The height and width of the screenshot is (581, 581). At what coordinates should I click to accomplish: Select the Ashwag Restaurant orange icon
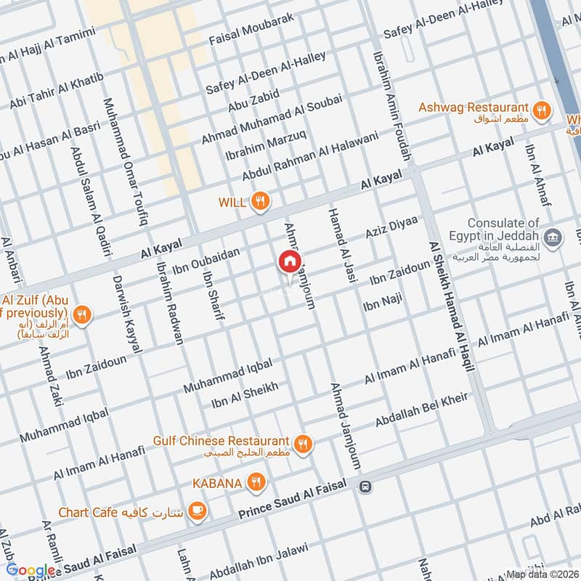click(x=540, y=110)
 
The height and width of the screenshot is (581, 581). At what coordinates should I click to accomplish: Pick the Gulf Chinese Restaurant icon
click(x=303, y=442)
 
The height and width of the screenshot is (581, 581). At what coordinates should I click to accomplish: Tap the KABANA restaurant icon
click(x=255, y=482)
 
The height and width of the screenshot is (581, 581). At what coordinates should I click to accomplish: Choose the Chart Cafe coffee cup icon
click(x=196, y=512)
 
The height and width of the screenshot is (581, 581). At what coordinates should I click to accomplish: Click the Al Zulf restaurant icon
click(x=83, y=315)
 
